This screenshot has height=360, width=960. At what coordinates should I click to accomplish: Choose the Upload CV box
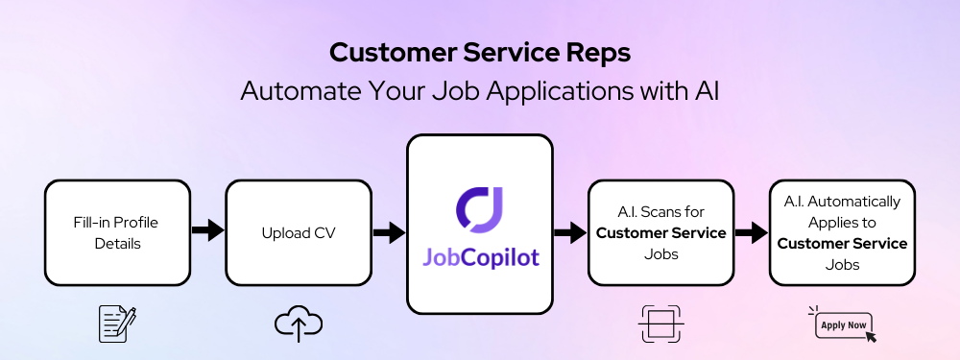click(x=298, y=232)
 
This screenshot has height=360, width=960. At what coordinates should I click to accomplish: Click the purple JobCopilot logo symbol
click(x=479, y=209)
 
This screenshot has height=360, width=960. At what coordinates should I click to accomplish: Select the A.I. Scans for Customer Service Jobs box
click(x=660, y=232)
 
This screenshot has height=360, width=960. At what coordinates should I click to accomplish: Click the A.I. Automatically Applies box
click(x=842, y=232)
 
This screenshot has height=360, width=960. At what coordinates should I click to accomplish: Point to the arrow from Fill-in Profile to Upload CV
click(x=207, y=231)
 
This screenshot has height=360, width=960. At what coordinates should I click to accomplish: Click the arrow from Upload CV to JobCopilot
click(x=388, y=231)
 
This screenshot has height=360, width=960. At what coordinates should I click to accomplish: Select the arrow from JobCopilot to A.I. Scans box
click(x=569, y=231)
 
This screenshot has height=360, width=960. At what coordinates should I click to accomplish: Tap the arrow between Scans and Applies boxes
click(x=752, y=231)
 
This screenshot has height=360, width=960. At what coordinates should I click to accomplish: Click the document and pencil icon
click(x=118, y=324)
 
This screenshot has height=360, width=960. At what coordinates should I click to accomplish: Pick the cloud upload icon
click(x=298, y=324)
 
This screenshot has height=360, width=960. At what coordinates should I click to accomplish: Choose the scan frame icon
click(x=660, y=324)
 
